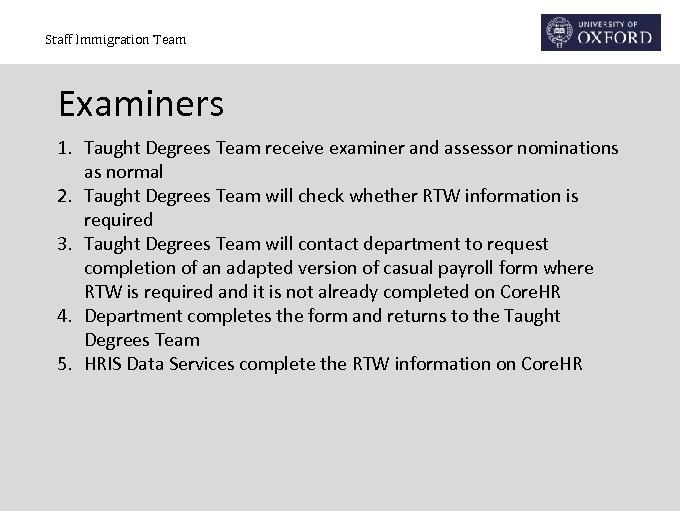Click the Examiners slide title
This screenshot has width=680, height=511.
141,103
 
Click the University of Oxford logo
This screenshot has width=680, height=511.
601,32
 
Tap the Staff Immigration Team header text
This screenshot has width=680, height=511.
115,40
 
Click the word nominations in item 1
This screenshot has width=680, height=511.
566,148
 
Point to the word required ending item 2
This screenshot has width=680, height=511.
118,220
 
